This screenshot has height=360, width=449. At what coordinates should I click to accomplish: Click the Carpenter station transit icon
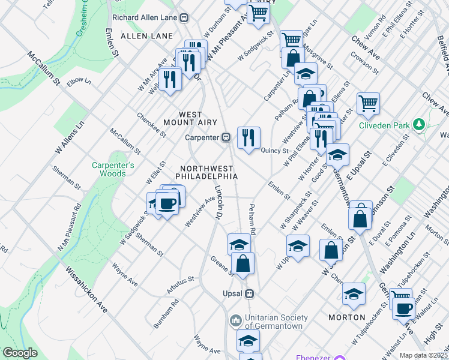point(226,137)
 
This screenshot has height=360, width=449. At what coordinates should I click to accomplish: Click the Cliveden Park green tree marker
point(419,125)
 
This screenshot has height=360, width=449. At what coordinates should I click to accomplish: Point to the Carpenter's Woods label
point(109,169)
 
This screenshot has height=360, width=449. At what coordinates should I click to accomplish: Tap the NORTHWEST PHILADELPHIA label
point(206,172)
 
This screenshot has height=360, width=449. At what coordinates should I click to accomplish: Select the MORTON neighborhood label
point(347,317)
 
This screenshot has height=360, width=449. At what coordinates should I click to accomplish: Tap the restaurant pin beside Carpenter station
point(248,137)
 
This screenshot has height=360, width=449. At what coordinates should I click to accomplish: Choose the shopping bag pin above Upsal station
point(243,263)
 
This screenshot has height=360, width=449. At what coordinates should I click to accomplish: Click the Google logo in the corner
point(20,353)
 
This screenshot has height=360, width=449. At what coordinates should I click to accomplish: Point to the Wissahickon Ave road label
point(86,290)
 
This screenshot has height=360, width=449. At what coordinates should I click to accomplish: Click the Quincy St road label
point(274,151)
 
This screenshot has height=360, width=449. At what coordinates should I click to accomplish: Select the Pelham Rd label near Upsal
point(253,223)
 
